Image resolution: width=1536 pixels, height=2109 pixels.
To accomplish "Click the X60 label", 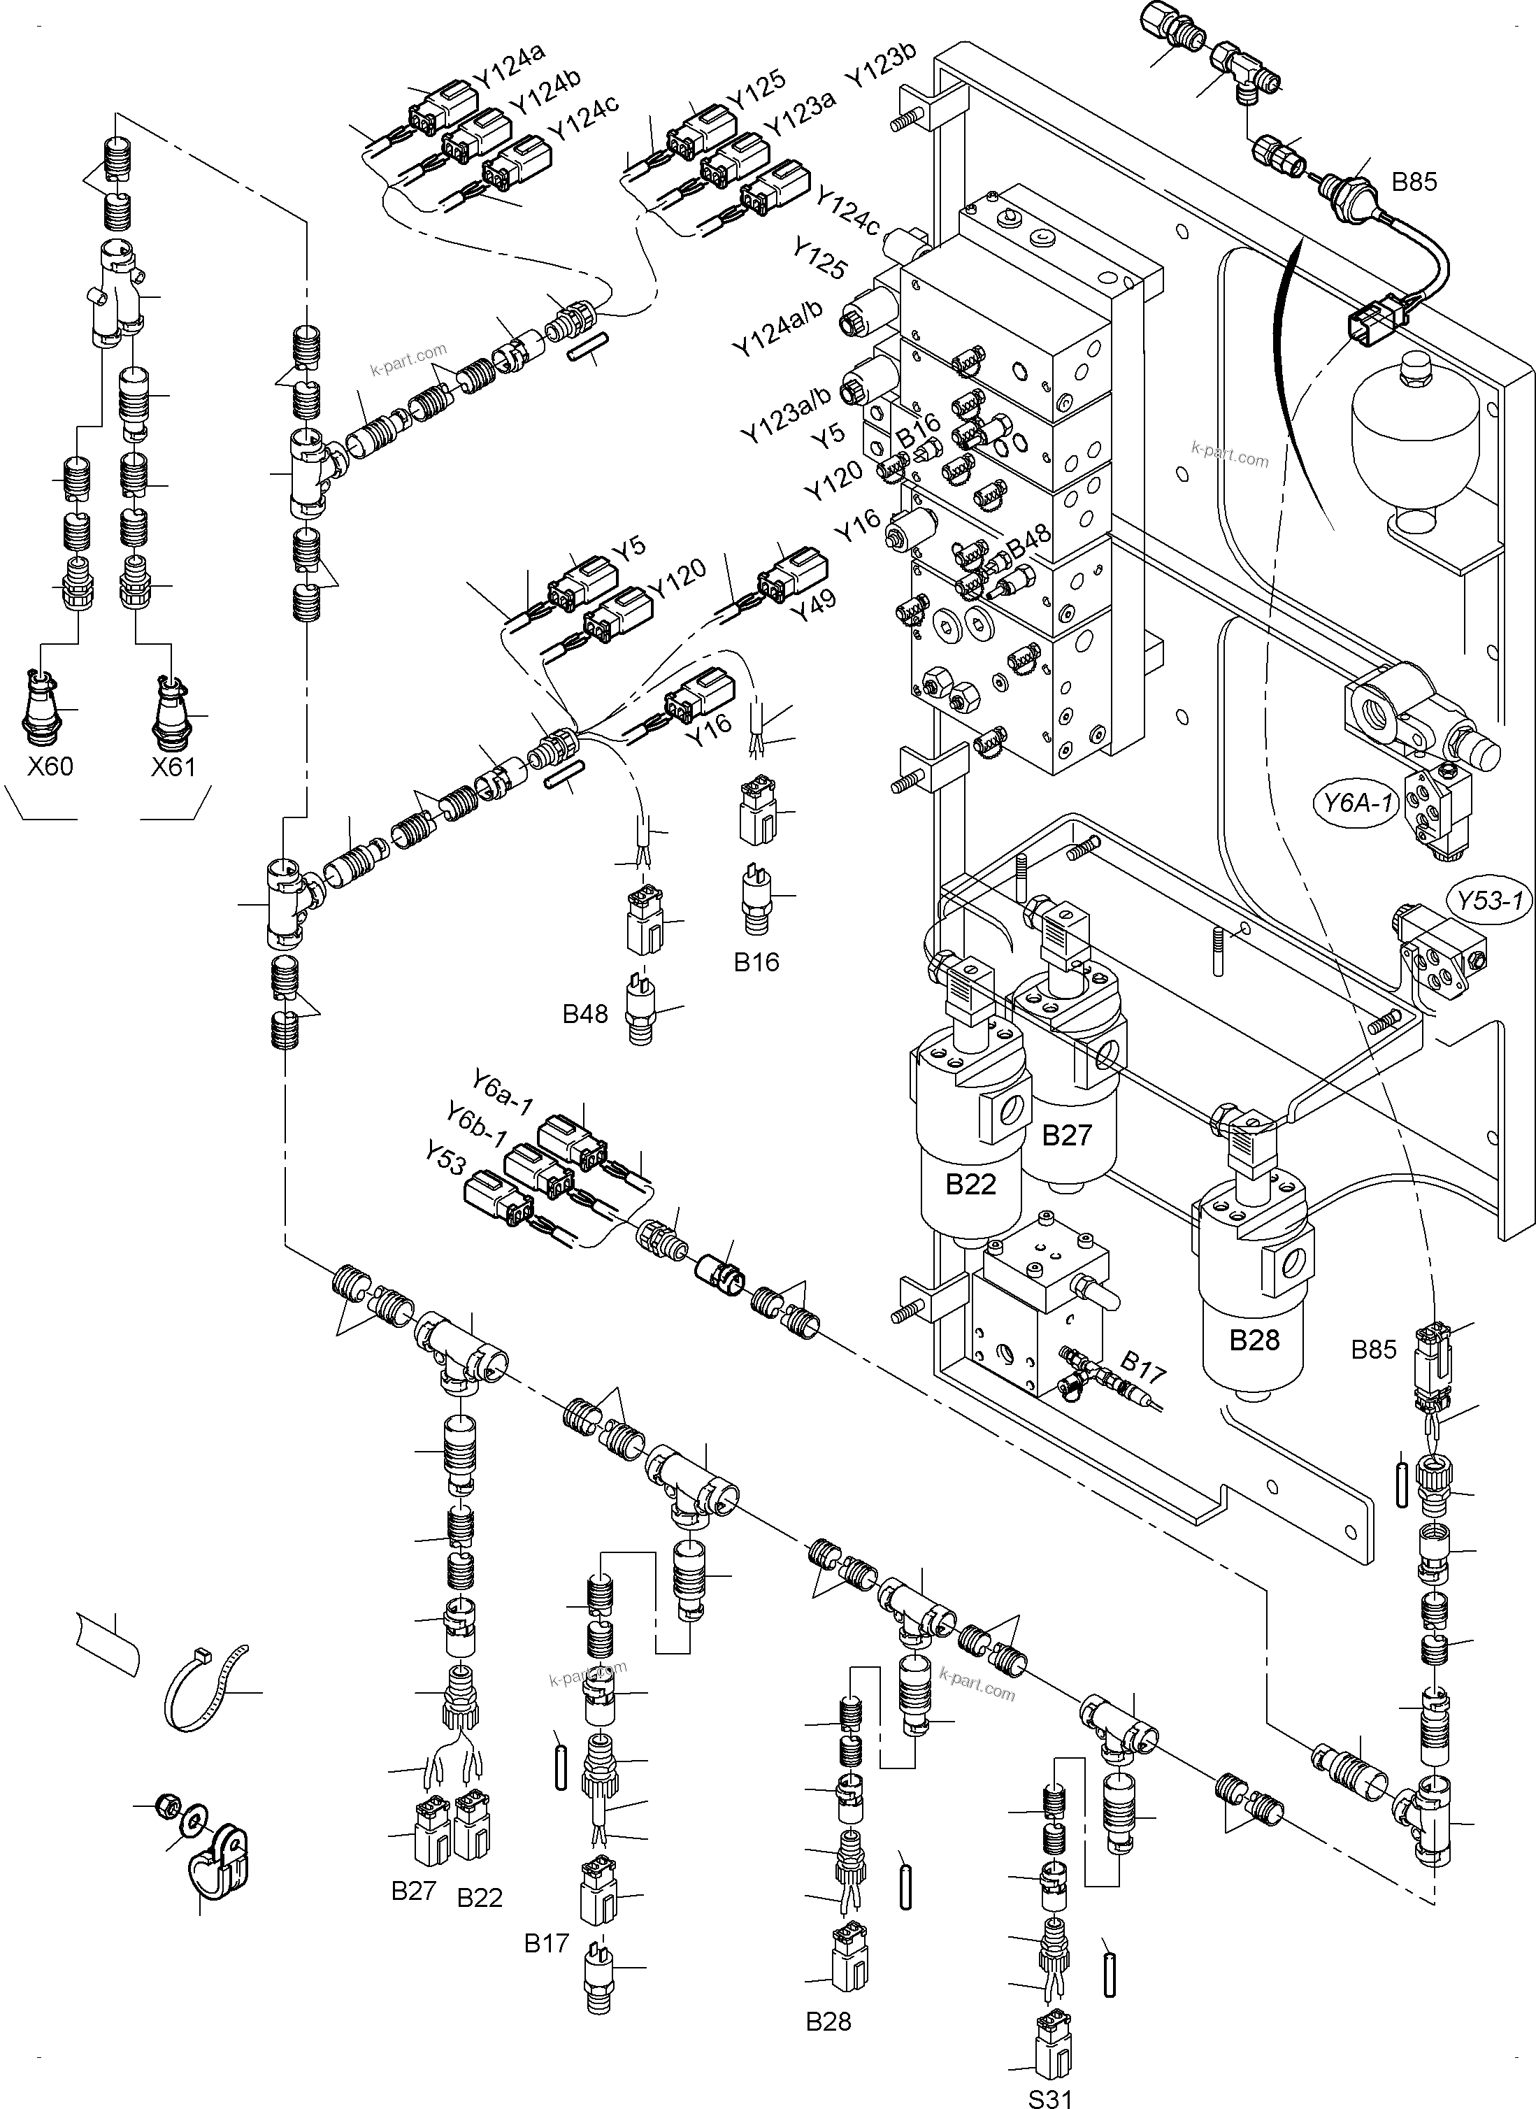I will point(50,766).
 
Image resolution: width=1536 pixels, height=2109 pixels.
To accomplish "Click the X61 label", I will point(174,766).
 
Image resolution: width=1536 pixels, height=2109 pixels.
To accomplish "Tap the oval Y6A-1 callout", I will point(1359,801).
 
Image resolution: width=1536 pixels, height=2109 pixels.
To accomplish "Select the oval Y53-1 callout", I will point(1490,900).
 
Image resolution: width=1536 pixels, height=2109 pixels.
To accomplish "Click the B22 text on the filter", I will point(970,1184).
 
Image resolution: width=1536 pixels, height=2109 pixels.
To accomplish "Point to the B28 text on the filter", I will point(1254,1340).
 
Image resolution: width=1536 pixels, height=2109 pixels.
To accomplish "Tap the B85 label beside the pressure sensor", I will point(1413,183).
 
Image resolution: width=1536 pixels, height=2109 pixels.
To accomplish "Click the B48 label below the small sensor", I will point(585,1013).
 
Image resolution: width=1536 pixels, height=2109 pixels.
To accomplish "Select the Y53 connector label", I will point(445,1159).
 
